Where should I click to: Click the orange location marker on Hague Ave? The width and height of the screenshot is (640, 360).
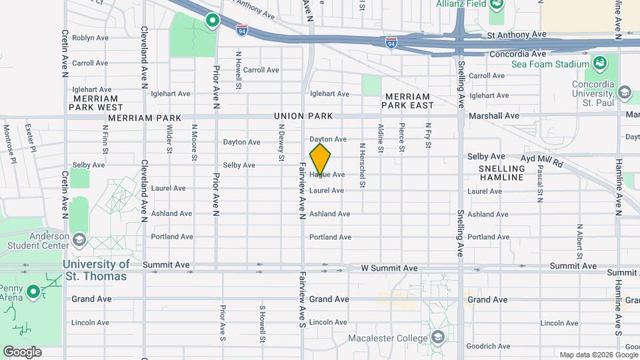(320, 159)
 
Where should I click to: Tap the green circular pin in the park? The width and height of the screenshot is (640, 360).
(213, 21)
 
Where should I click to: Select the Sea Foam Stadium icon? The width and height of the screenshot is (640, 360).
(599, 64)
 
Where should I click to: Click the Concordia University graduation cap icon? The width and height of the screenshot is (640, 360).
(625, 91)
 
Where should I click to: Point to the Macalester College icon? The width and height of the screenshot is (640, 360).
(437, 337)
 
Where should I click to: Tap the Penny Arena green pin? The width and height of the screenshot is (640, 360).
(33, 292)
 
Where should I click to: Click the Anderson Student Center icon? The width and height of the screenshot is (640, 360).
(79, 239)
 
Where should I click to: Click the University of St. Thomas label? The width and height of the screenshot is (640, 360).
(96, 270)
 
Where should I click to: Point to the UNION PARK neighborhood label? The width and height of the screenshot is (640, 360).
(303, 117)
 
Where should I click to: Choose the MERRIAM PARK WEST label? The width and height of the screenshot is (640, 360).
(95, 102)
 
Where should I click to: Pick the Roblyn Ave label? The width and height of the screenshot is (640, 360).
(90, 38)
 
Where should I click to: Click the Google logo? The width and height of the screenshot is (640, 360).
(22, 352)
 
